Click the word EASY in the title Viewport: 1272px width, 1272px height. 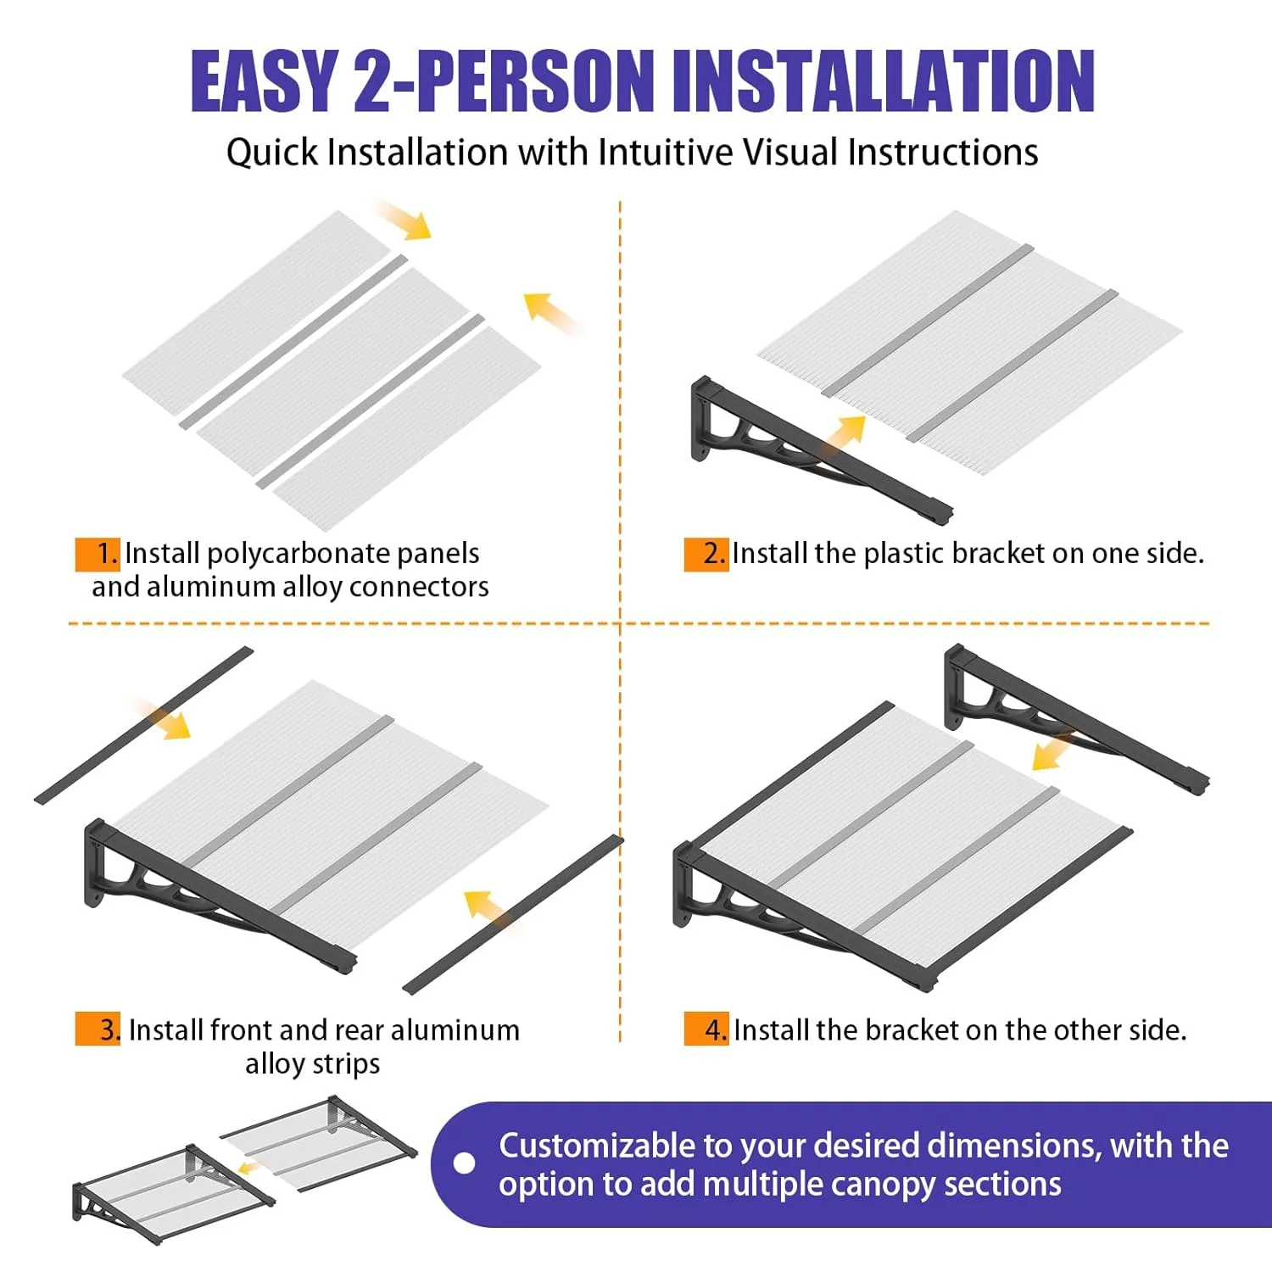coord(264,81)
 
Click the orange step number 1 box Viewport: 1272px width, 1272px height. coord(98,554)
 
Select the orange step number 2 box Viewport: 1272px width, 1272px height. coord(706,554)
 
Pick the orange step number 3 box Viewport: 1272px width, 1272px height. coord(98,1029)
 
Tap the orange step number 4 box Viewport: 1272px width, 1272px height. coord(706,1029)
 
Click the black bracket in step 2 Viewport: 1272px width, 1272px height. coord(814,449)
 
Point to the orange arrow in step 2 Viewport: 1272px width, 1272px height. coord(845,434)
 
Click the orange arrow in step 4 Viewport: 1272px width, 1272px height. coord(1054,751)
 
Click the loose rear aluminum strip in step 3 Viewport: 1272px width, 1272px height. coord(144,725)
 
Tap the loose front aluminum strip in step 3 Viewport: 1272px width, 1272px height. coord(513,915)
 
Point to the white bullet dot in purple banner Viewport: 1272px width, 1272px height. coord(465,1163)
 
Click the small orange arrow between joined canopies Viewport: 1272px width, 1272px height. coord(249,1169)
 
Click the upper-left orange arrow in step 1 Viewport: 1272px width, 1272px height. coord(402,219)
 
